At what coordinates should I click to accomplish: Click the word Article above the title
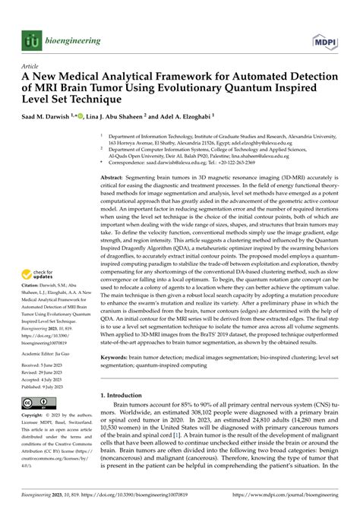31,66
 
